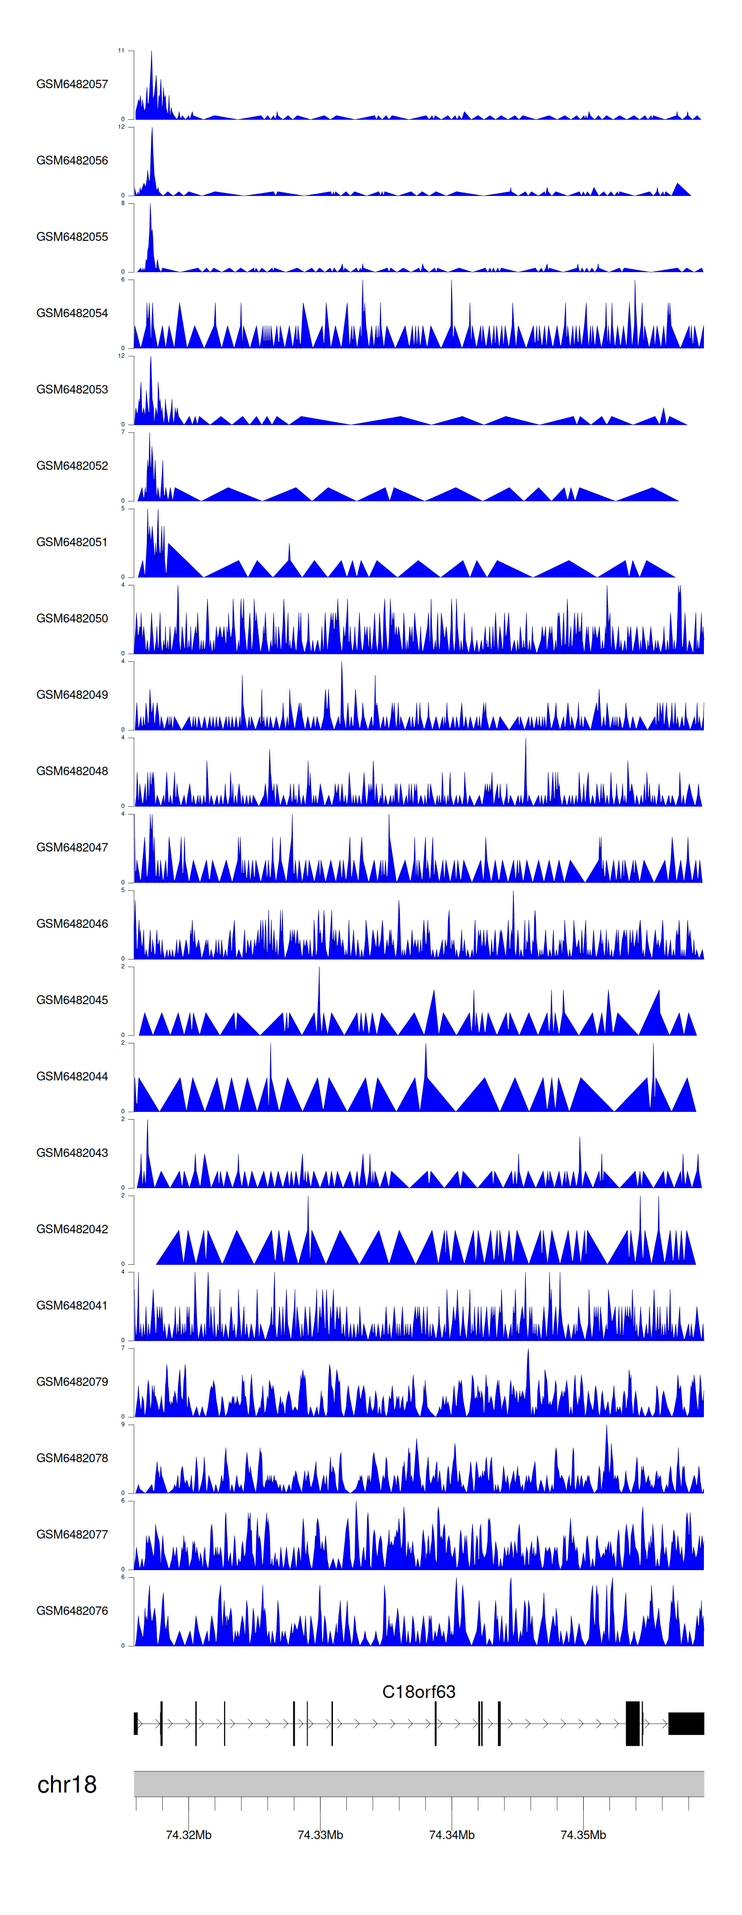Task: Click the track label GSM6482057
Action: pyautogui.click(x=72, y=84)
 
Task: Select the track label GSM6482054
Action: pyautogui.click(x=72, y=313)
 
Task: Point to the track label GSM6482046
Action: pyautogui.click(x=72, y=923)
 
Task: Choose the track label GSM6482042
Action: pyautogui.click(x=72, y=1229)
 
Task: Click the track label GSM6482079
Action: pyautogui.click(x=72, y=1381)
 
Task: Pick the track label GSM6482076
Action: pyautogui.click(x=72, y=1610)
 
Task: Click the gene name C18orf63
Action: pyautogui.click(x=418, y=1692)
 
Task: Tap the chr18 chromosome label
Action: pyautogui.click(x=67, y=1784)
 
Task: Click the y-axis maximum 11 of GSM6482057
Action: pyautogui.click(x=121, y=50)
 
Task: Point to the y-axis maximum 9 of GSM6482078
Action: pyautogui.click(x=123, y=1424)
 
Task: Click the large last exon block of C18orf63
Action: pyautogui.click(x=686, y=1723)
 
